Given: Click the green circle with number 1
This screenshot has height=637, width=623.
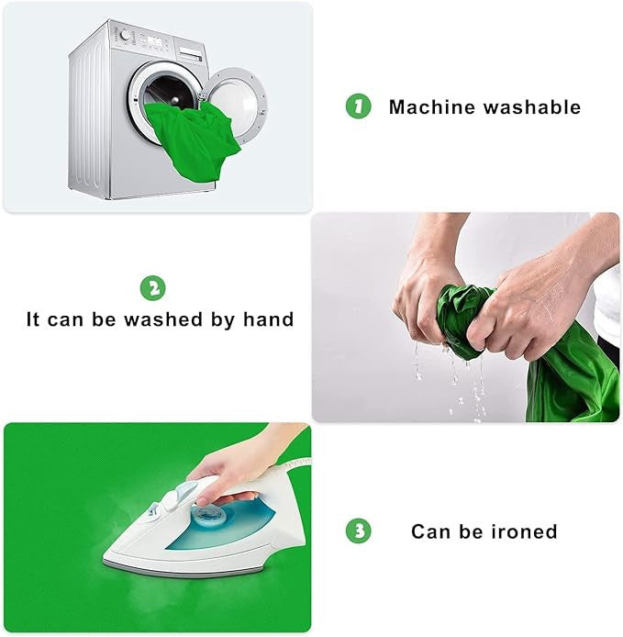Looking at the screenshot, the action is (358, 106).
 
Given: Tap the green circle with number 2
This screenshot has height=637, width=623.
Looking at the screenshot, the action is (152, 288).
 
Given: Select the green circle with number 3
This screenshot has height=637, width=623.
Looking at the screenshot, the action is (358, 531).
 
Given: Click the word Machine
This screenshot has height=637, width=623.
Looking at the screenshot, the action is (432, 107).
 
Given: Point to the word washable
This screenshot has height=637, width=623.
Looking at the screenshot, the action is (532, 107).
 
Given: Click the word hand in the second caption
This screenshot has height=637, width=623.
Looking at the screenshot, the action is (268, 319).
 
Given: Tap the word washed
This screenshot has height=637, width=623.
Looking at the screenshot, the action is (163, 319).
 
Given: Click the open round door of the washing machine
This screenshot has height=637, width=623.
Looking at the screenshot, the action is (236, 105).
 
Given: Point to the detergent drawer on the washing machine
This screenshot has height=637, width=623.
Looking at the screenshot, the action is (190, 53).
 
